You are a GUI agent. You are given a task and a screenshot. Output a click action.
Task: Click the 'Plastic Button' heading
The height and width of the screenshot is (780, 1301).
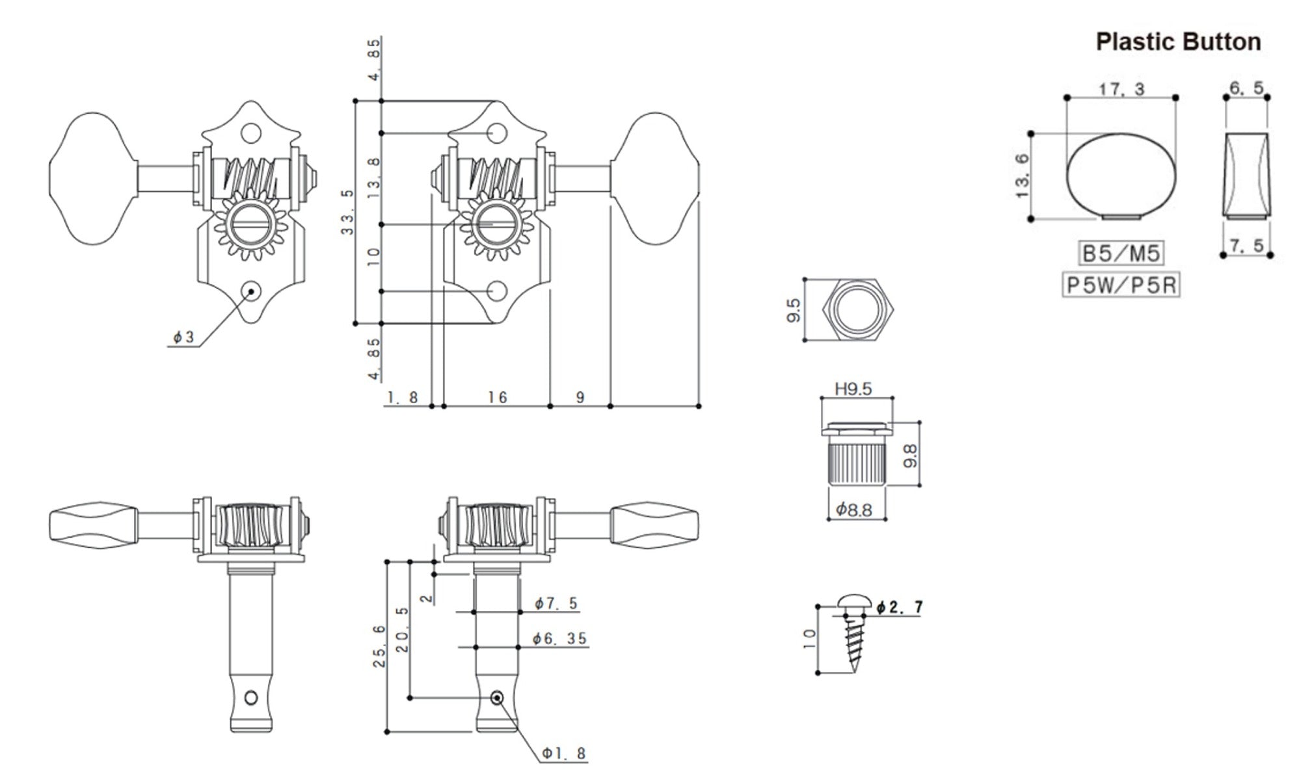click(1178, 42)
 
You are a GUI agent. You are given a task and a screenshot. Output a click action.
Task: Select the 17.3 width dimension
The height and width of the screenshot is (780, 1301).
click(1121, 89)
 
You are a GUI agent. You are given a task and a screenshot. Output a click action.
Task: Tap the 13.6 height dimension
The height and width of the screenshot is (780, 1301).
click(1022, 176)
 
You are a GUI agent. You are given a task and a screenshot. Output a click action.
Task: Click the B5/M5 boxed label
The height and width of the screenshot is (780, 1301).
click(1121, 253)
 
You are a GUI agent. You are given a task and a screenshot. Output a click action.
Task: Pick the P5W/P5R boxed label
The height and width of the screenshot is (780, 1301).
click(1121, 285)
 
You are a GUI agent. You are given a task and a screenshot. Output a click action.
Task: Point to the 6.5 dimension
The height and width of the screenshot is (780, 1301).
click(1246, 88)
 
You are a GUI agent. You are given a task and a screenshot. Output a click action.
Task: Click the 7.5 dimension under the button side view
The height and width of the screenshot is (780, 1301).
click(1246, 245)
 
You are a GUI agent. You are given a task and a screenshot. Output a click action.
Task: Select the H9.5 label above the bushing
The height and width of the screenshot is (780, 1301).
click(853, 389)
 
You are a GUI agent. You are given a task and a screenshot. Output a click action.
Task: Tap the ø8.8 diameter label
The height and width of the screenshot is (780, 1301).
click(853, 510)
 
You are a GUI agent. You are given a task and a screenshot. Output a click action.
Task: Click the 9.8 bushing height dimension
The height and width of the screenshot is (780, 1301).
click(910, 455)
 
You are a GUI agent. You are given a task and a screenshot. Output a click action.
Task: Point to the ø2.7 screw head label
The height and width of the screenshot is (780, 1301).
click(899, 607)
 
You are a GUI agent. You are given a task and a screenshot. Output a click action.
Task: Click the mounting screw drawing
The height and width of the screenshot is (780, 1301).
click(854, 634)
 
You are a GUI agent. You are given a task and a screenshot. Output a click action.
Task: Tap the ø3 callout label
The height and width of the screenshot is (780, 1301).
click(183, 337)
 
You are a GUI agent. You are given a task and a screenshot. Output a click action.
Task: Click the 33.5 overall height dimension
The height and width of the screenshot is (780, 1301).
click(347, 212)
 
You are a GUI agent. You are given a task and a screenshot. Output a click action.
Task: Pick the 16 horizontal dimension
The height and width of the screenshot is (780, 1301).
click(498, 397)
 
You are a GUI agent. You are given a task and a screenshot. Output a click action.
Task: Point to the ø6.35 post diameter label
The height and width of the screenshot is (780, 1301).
click(559, 639)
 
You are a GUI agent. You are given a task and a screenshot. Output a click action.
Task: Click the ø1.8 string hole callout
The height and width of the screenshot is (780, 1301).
click(564, 753)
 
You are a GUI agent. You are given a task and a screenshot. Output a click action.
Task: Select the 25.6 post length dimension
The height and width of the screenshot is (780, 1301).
click(380, 646)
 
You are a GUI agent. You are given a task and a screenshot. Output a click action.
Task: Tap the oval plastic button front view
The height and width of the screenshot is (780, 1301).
click(1121, 175)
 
